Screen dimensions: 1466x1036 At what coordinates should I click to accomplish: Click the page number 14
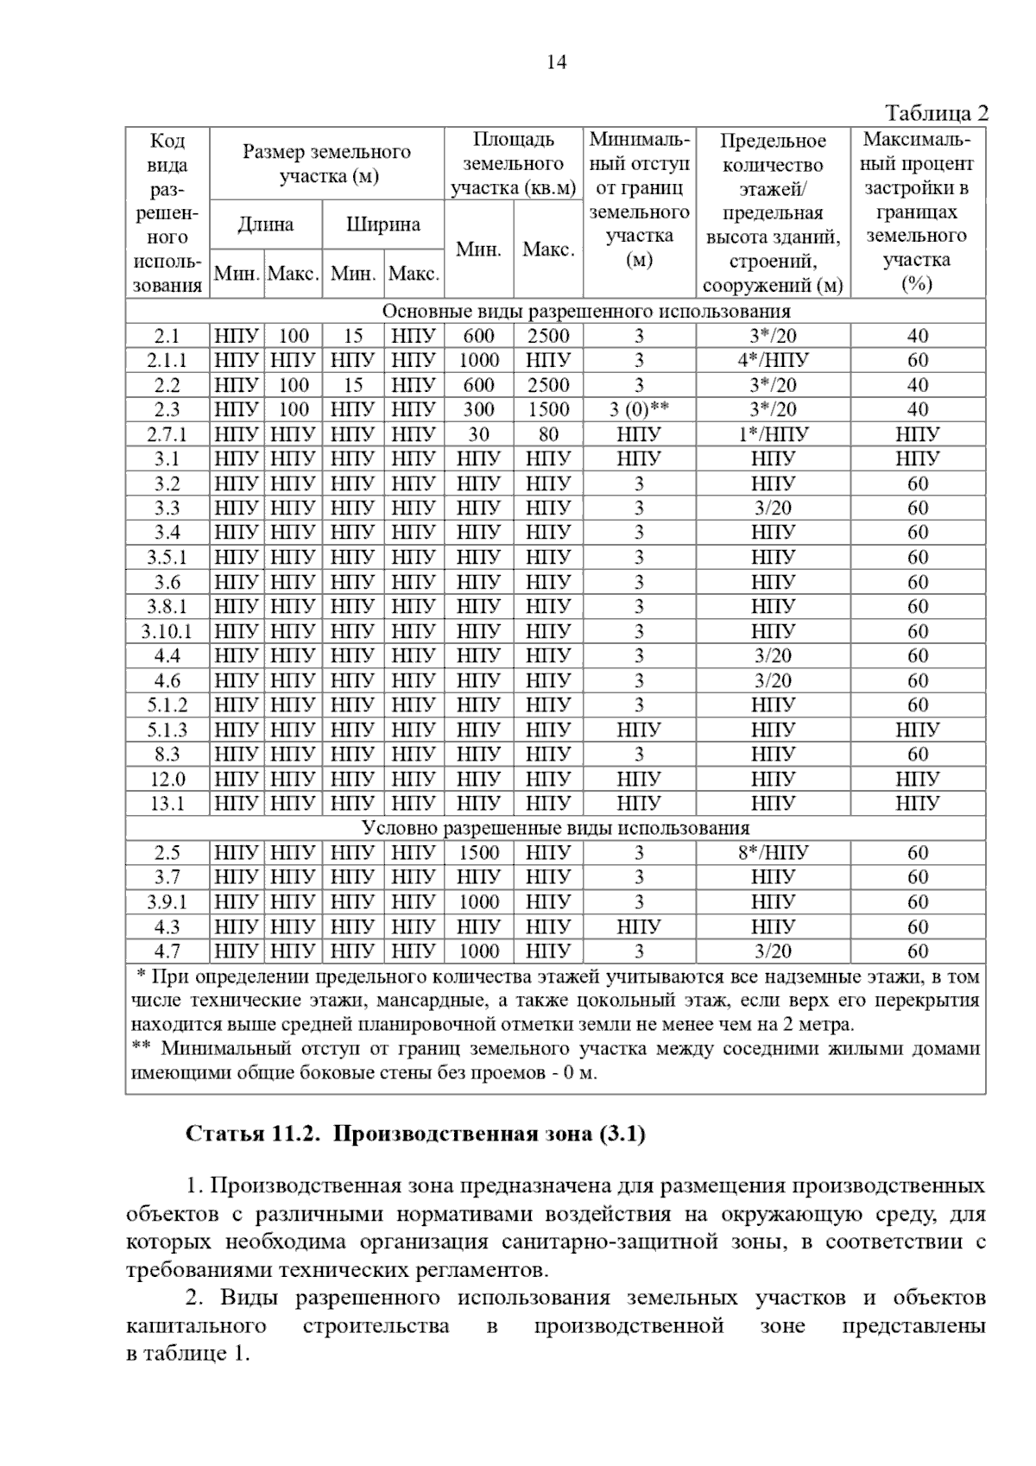[x=557, y=62]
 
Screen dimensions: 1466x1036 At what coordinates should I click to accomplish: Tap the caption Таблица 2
[x=936, y=114]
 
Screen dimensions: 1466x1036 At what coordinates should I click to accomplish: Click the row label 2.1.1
[x=167, y=360]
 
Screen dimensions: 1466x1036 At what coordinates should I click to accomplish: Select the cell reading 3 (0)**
[x=639, y=409]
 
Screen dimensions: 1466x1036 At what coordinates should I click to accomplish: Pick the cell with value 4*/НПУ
[x=773, y=360]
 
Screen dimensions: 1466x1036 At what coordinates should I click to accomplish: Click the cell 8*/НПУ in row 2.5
[x=773, y=853]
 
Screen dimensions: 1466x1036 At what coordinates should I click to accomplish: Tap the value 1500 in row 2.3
[x=548, y=409]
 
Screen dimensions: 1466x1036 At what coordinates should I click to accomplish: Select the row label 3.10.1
[x=167, y=631]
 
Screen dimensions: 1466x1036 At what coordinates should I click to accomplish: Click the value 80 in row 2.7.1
[x=548, y=434]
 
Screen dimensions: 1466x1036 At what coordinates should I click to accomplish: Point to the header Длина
[x=265, y=224]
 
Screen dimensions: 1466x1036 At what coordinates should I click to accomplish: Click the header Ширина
[x=382, y=224]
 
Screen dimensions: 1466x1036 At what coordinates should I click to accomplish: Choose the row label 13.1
[x=167, y=804]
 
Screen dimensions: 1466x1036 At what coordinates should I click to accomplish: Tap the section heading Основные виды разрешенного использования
[x=586, y=311]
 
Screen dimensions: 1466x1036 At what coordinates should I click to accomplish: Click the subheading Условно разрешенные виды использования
[x=555, y=829]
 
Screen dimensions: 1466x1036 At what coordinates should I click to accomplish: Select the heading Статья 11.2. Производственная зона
[x=415, y=1134]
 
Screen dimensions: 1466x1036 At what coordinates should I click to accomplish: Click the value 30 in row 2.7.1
[x=478, y=434]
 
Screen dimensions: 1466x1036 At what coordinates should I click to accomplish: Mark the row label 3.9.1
[x=167, y=902]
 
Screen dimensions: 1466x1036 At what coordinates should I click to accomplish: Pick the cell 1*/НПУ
[x=773, y=434]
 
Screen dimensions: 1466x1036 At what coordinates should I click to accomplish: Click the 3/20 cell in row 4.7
[x=773, y=951]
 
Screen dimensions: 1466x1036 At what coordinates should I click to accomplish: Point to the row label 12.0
[x=167, y=780]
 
